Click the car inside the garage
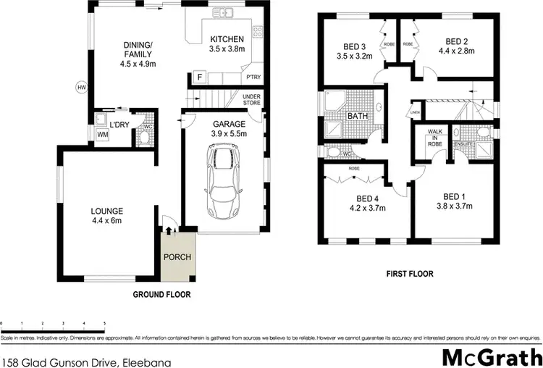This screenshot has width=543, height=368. [x=224, y=182]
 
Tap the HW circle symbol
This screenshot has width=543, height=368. [x=80, y=88]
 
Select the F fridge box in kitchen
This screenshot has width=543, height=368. [x=198, y=76]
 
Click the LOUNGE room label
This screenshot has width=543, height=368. [x=107, y=211]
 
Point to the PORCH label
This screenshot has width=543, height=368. [x=177, y=256]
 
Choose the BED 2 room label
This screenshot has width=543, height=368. [x=458, y=41]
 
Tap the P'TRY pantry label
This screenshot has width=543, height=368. [x=253, y=78]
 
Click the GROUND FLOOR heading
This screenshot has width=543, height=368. [x=161, y=295]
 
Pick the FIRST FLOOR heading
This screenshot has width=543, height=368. [x=410, y=274]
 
